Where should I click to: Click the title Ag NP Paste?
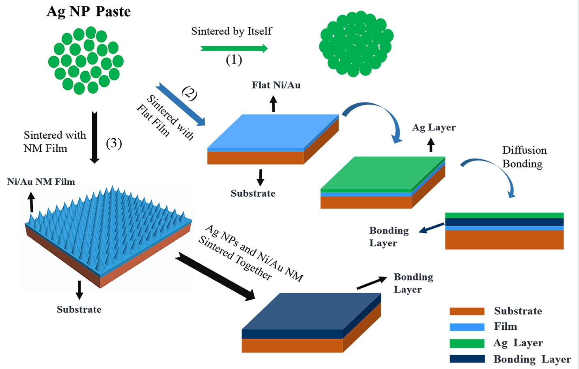tap(88, 11)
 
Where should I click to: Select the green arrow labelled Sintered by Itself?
tap(234, 49)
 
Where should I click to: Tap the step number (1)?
tap(234, 60)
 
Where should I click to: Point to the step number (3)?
tap(114, 143)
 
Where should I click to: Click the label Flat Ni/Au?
tap(276, 85)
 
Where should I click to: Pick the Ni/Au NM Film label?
tap(41, 182)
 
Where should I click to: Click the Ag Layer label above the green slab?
tap(434, 127)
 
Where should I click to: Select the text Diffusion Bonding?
tap(524, 157)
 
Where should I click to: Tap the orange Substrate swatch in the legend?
tap(467, 311)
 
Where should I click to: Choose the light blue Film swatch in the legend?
tap(467, 327)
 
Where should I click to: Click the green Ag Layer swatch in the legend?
tap(467, 343)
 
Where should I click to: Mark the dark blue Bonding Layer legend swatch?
tap(467, 359)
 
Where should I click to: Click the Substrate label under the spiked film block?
tap(79, 309)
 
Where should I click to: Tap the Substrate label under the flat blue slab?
tap(253, 193)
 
